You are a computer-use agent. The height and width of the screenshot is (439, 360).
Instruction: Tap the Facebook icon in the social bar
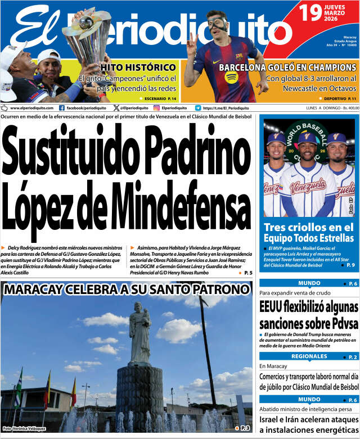coord(61,108)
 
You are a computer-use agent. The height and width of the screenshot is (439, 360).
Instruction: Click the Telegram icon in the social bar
coord(198,108)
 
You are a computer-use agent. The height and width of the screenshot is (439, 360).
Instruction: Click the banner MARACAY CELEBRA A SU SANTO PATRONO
coord(127,290)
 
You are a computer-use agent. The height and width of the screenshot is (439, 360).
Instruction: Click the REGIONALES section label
coord(309,356)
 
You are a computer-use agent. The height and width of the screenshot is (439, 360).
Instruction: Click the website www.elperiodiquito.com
coord(32,108)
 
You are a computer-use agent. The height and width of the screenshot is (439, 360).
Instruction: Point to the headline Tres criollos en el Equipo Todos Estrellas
coord(309,233)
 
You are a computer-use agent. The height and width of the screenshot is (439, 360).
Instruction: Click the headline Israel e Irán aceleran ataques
coord(308,420)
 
